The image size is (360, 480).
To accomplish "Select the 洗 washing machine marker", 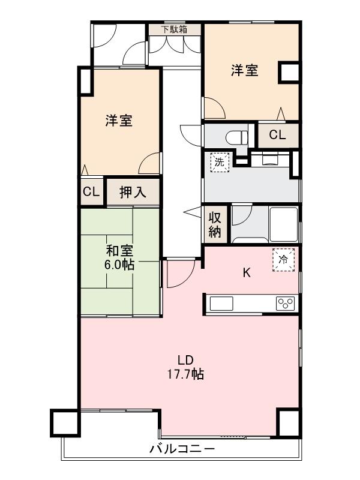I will pyautogui.click(x=220, y=161).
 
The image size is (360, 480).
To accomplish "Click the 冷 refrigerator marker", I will pyautogui.click(x=283, y=259).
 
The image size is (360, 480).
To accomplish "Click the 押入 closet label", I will pyautogui.click(x=133, y=192).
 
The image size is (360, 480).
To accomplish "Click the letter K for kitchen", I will pyautogui.click(x=246, y=273).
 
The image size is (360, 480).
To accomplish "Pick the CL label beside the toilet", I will pyautogui.click(x=277, y=135).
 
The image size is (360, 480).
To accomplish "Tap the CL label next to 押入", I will pyautogui.click(x=91, y=192).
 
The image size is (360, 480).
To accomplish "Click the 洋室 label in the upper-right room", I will pyautogui.click(x=245, y=70).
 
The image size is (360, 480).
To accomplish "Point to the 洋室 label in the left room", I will pyautogui.click(x=119, y=121).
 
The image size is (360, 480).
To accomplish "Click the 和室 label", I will pyautogui.click(x=119, y=251).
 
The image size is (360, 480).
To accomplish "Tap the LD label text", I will pyautogui.click(x=184, y=361).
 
